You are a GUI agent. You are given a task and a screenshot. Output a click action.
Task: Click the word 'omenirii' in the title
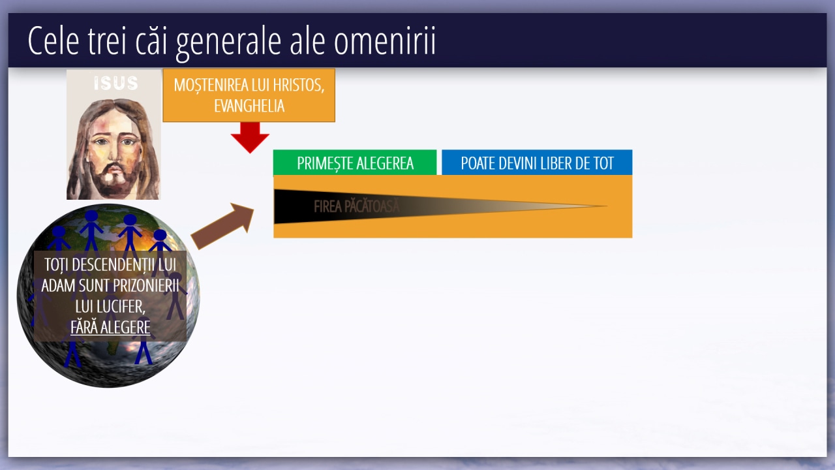[385, 41]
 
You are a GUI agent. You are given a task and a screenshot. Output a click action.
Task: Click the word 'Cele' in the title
[53, 40]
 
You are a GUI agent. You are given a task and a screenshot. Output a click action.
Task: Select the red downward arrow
[250, 137]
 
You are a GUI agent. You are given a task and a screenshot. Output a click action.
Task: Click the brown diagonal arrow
[222, 226]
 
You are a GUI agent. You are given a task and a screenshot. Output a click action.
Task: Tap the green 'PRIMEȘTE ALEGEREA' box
[355, 163]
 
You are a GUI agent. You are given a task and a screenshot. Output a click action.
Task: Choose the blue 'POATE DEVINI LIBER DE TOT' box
[537, 163]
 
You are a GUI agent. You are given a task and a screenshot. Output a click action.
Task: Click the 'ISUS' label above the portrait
[116, 83]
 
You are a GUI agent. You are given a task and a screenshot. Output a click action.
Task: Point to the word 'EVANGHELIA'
[249, 106]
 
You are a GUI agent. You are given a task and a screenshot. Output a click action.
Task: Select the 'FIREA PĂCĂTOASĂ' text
[356, 206]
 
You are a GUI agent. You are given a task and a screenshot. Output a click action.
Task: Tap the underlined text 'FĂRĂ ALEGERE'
[110, 327]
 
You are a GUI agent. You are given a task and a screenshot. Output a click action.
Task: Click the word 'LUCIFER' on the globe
[110, 307]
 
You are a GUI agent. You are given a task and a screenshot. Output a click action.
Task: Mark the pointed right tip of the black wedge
[607, 206]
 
